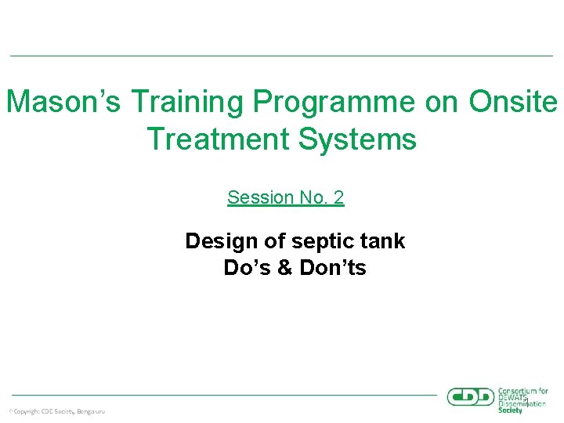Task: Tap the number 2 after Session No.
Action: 338,197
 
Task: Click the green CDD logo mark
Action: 471,397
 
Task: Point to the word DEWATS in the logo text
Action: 514,398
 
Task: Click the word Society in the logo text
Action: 510,410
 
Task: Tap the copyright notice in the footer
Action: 56,410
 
